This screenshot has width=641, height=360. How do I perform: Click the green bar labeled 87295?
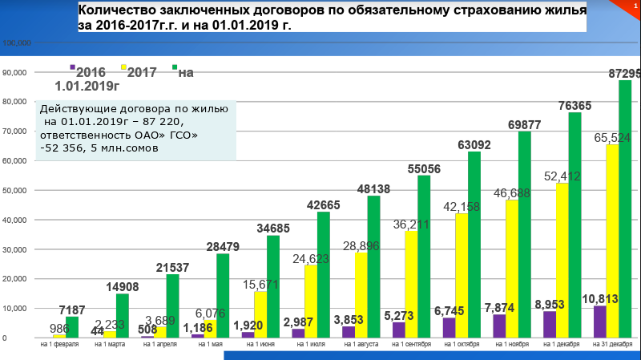coord(625,208)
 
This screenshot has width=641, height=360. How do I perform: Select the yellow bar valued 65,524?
coord(612,241)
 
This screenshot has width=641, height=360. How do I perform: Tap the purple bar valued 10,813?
coord(599,322)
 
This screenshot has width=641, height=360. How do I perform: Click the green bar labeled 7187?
coord(72,327)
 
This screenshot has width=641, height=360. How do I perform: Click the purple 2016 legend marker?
coord(73,67)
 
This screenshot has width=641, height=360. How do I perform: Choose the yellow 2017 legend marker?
coord(123,67)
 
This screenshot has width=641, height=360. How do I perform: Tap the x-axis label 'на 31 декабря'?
coord(612,345)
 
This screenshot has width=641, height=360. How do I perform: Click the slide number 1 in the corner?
coord(632,6)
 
